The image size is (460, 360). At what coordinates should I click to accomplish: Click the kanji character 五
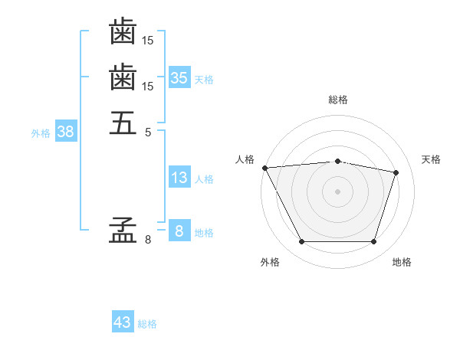coord(123,122)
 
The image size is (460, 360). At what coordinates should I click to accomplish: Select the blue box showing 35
coord(179,77)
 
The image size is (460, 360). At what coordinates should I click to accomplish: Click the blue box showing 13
coord(179,178)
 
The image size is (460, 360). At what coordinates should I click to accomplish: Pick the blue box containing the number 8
coord(179,231)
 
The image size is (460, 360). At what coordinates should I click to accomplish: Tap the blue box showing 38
coord(65,132)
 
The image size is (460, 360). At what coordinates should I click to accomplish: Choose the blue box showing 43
coord(122,322)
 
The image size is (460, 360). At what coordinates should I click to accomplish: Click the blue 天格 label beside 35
coord(204,80)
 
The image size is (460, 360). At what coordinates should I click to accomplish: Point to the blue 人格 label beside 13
coord(204,179)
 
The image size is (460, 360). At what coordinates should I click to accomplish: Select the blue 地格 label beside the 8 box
coord(204,233)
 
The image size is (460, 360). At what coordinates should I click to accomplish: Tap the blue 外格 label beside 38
coord(41,133)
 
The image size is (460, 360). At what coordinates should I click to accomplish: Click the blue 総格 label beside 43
coord(147,324)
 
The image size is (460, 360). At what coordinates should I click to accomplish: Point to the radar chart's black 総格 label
coord(338,100)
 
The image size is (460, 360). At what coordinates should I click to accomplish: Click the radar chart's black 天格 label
coord(432,159)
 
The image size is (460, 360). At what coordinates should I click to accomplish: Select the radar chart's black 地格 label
coord(402,263)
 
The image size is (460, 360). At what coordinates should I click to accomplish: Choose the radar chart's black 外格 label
coord(270,263)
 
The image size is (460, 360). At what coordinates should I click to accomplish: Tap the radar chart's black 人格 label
coord(245,159)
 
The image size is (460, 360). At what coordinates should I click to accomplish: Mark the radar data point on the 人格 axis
coord(264,168)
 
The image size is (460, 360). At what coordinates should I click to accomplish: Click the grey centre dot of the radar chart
coord(337,191)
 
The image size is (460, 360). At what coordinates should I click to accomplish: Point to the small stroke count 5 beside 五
coord(148,132)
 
